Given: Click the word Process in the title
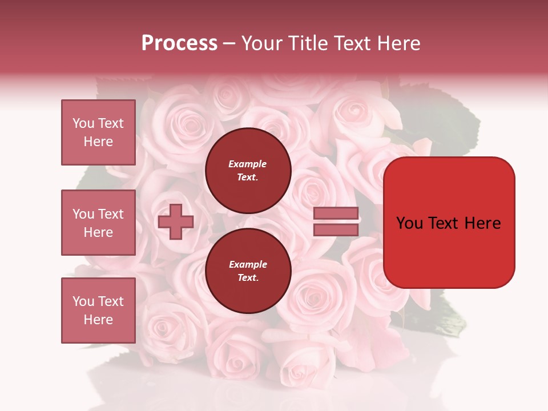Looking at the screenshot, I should point(179,43).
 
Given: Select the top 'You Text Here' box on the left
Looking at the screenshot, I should point(98,132).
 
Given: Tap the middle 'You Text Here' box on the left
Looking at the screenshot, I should point(98,223).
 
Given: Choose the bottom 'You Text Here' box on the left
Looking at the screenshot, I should point(98,310).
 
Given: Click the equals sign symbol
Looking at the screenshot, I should point(336,222).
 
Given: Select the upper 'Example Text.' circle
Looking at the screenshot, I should point(248,171).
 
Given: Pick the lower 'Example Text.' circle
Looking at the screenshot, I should point(248,271).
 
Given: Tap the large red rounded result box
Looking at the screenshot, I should point(449,222).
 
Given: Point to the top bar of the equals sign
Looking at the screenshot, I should point(336,213).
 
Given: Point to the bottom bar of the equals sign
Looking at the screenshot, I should point(336,230).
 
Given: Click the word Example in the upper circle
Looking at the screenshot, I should point(248,164).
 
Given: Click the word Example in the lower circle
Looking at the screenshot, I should point(248,265).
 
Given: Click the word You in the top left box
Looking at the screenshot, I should point(83,123).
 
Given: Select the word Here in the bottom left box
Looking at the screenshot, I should point(98,320).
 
